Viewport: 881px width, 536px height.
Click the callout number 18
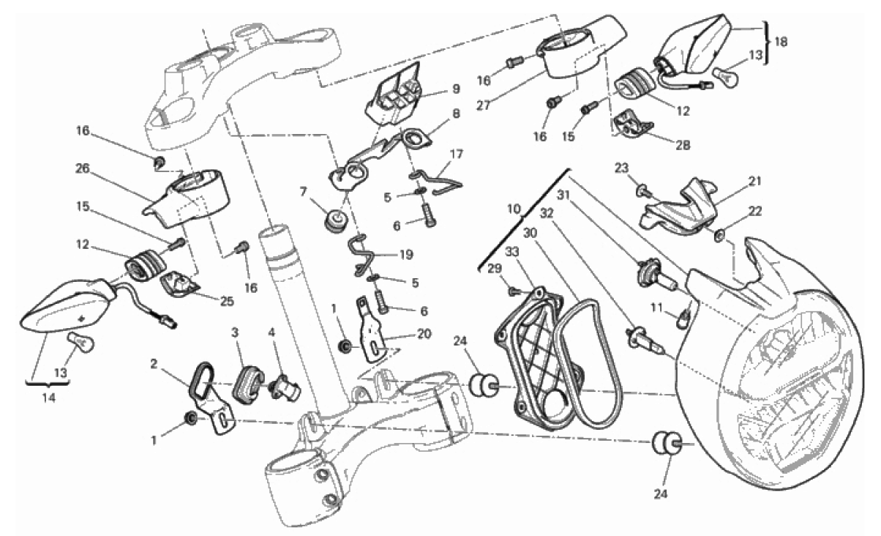pos(780,42)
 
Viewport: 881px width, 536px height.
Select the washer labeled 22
pos(719,235)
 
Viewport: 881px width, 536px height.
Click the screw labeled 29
pos(512,291)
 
